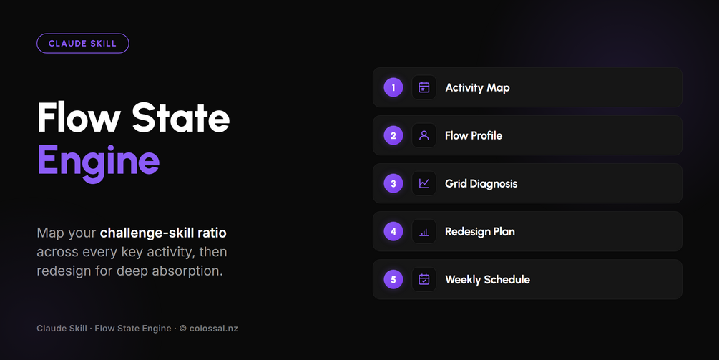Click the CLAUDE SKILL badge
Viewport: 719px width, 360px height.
click(x=82, y=44)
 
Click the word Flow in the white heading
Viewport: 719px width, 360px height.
click(x=79, y=117)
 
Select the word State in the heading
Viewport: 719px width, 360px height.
click(x=181, y=117)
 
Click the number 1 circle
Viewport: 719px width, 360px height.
click(x=393, y=87)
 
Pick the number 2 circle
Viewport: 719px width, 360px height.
click(x=393, y=135)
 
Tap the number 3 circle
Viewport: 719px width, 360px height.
click(x=393, y=183)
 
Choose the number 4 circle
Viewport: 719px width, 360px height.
click(x=393, y=232)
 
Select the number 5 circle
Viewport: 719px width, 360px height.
click(x=393, y=279)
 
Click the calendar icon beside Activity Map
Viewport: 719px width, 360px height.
click(x=424, y=87)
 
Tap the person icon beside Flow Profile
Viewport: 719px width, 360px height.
click(x=424, y=135)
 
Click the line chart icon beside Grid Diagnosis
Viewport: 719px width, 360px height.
click(x=424, y=183)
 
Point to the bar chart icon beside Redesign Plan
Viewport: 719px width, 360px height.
click(x=424, y=233)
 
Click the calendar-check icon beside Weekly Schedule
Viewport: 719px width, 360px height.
click(x=424, y=279)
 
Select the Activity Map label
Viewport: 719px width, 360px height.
click(x=477, y=88)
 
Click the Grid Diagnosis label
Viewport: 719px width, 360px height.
click(x=481, y=184)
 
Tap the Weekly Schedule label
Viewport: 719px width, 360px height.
click(x=487, y=280)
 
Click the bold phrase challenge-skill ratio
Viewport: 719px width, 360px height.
click(x=163, y=233)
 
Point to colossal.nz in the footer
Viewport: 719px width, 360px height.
click(x=214, y=329)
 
